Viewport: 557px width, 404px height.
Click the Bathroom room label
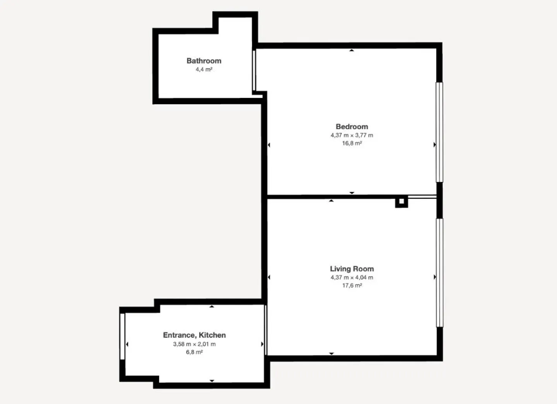click(204, 61)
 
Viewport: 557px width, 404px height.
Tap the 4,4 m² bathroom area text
click(204, 70)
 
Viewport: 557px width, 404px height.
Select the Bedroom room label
click(352, 127)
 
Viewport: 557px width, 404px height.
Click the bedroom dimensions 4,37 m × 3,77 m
click(352, 135)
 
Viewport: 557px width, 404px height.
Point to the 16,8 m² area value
click(352, 143)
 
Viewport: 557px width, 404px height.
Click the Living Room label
click(352, 269)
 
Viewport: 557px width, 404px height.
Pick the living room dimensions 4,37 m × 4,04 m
click(352, 277)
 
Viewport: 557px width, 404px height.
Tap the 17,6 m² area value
click(352, 286)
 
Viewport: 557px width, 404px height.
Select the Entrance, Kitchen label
click(194, 335)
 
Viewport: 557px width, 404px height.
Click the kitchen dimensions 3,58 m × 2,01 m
click(194, 344)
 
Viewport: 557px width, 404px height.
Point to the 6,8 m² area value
click(194, 352)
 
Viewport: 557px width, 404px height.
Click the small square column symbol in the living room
click(402, 202)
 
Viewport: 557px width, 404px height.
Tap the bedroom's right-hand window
click(439, 132)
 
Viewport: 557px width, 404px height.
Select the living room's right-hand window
click(439, 273)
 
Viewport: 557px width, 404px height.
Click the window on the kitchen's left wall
click(122, 336)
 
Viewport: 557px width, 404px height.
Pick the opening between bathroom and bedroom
click(254, 70)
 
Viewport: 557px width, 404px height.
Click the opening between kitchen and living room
click(266, 330)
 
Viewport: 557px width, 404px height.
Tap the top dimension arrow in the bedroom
click(352, 50)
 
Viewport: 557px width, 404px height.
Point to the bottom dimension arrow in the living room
click(331, 353)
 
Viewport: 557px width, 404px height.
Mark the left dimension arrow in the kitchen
click(127, 344)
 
